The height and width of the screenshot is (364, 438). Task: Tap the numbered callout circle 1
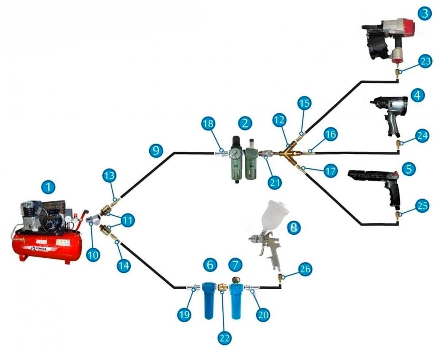pos(48,188)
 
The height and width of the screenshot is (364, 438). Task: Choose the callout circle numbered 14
pos(124,265)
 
